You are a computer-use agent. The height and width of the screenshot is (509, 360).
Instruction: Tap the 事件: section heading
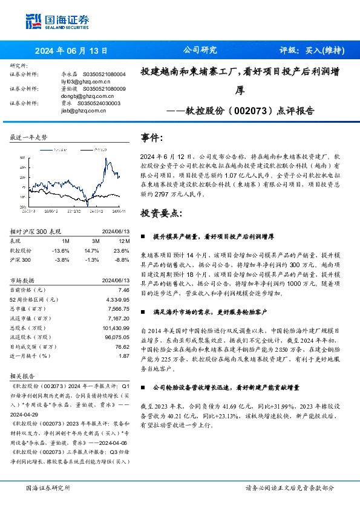point(152,137)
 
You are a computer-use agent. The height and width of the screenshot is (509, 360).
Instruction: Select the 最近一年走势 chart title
point(29,138)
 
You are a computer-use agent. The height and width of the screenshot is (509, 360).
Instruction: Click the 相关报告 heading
point(22,375)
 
